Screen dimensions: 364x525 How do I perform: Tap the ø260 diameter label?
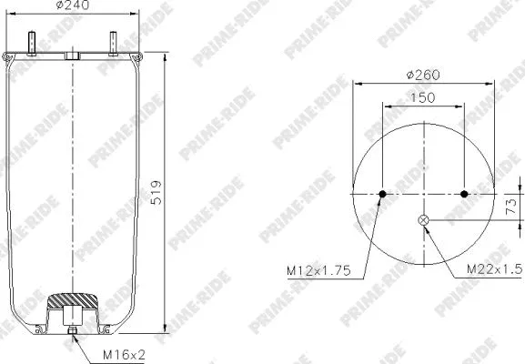point(423,75)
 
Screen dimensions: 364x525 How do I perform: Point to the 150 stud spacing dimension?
point(423,98)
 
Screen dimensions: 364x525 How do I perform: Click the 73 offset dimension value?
point(511,207)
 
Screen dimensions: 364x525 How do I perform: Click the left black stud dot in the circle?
point(383,194)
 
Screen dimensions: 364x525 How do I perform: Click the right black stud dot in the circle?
point(465,194)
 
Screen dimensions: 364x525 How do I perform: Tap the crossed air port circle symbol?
point(424,220)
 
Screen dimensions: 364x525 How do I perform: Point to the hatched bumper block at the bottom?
point(72,299)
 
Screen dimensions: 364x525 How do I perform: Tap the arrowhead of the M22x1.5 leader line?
point(428,227)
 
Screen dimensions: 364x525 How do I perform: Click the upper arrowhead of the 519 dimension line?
point(164,56)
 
